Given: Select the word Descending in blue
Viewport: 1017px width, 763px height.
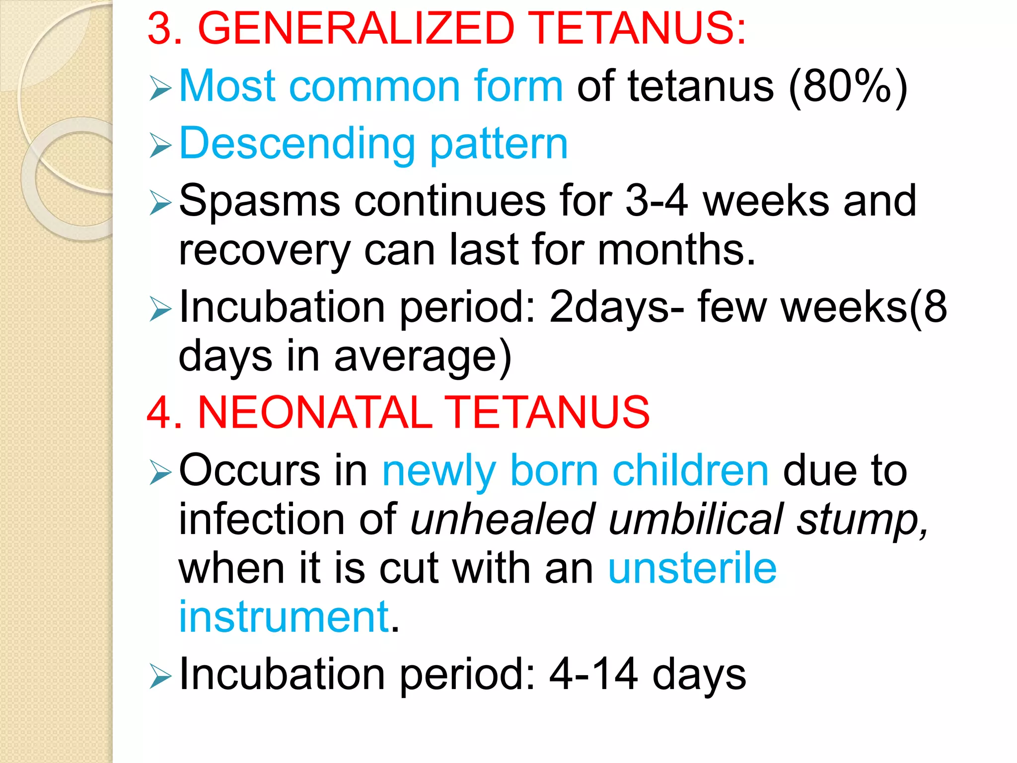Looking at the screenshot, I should [x=297, y=145].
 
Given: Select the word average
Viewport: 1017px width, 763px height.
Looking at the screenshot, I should [x=422, y=357].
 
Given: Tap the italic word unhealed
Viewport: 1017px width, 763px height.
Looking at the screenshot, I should [x=503, y=519].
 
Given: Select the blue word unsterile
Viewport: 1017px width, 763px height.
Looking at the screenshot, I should [x=692, y=568].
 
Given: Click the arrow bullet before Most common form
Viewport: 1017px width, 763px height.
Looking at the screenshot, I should [x=160, y=89].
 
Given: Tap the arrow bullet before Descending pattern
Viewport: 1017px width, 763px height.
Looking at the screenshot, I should [x=160, y=147].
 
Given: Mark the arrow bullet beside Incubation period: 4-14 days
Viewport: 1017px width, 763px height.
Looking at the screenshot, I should [x=160, y=677].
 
